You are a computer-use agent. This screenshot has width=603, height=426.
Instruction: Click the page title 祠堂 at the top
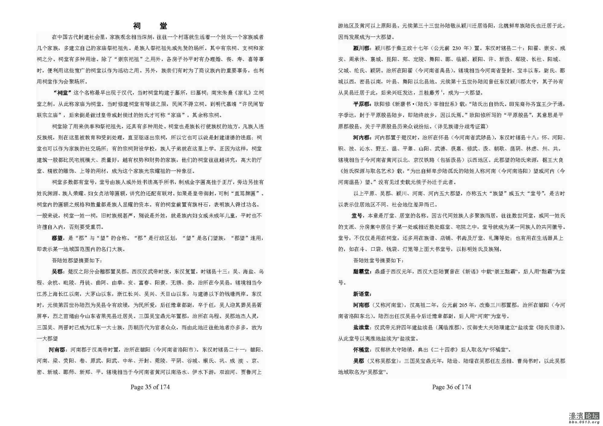[x=150, y=26]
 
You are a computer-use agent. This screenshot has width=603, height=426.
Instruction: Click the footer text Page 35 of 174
[x=150, y=387]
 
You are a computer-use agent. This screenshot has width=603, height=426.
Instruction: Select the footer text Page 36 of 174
[x=451, y=387]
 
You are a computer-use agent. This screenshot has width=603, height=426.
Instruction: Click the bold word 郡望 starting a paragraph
[x=57, y=238]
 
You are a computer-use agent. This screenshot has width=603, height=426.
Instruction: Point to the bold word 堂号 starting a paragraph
[x=357, y=216]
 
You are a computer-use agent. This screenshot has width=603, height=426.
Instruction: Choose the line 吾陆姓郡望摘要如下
[x=77, y=260]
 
